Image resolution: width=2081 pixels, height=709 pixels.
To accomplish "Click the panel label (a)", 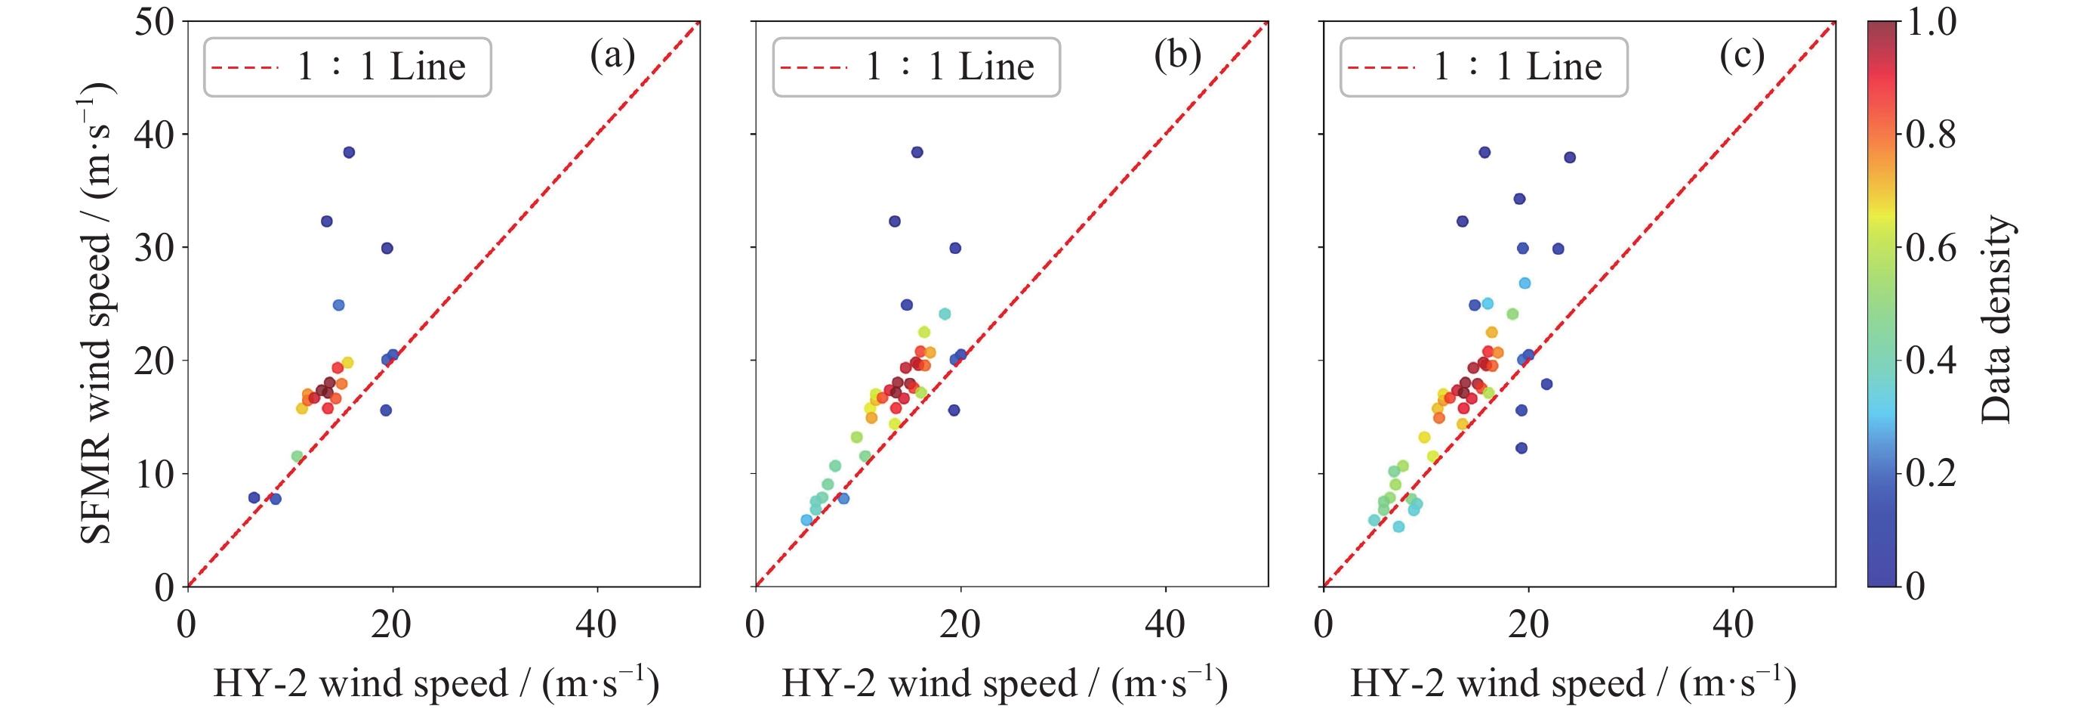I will click(x=612, y=56).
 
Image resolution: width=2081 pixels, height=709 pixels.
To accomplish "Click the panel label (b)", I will click(x=1178, y=56).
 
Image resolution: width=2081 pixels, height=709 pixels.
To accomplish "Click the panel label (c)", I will click(x=1742, y=56).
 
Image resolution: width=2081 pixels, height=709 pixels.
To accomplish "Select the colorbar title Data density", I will click(x=1996, y=319).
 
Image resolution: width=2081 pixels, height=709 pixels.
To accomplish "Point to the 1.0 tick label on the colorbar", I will click(x=1931, y=22).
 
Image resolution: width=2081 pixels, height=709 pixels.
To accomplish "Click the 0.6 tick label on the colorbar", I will click(x=1931, y=247).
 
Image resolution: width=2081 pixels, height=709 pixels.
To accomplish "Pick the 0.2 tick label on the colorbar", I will click(x=1931, y=473).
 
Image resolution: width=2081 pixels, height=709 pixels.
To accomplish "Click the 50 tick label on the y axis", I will click(x=154, y=22).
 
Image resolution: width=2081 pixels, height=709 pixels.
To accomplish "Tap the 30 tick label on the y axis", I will click(x=154, y=248).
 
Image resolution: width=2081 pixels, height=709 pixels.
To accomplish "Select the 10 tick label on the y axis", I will click(x=154, y=475).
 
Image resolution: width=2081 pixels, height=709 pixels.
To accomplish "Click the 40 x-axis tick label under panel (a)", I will click(x=597, y=624).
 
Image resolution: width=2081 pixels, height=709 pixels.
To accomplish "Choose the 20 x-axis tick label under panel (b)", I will click(x=960, y=624).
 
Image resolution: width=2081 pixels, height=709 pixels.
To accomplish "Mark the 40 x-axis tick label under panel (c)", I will click(x=1733, y=624).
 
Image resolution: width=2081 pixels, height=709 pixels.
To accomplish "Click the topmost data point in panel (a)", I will click(x=349, y=152).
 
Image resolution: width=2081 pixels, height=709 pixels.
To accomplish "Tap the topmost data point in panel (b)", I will click(x=917, y=152).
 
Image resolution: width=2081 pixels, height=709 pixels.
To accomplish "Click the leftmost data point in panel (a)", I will click(x=254, y=498).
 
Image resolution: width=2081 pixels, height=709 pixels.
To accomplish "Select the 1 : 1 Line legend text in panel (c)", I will click(x=1517, y=67).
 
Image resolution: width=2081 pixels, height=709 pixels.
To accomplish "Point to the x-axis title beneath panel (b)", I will click(x=1004, y=684).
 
